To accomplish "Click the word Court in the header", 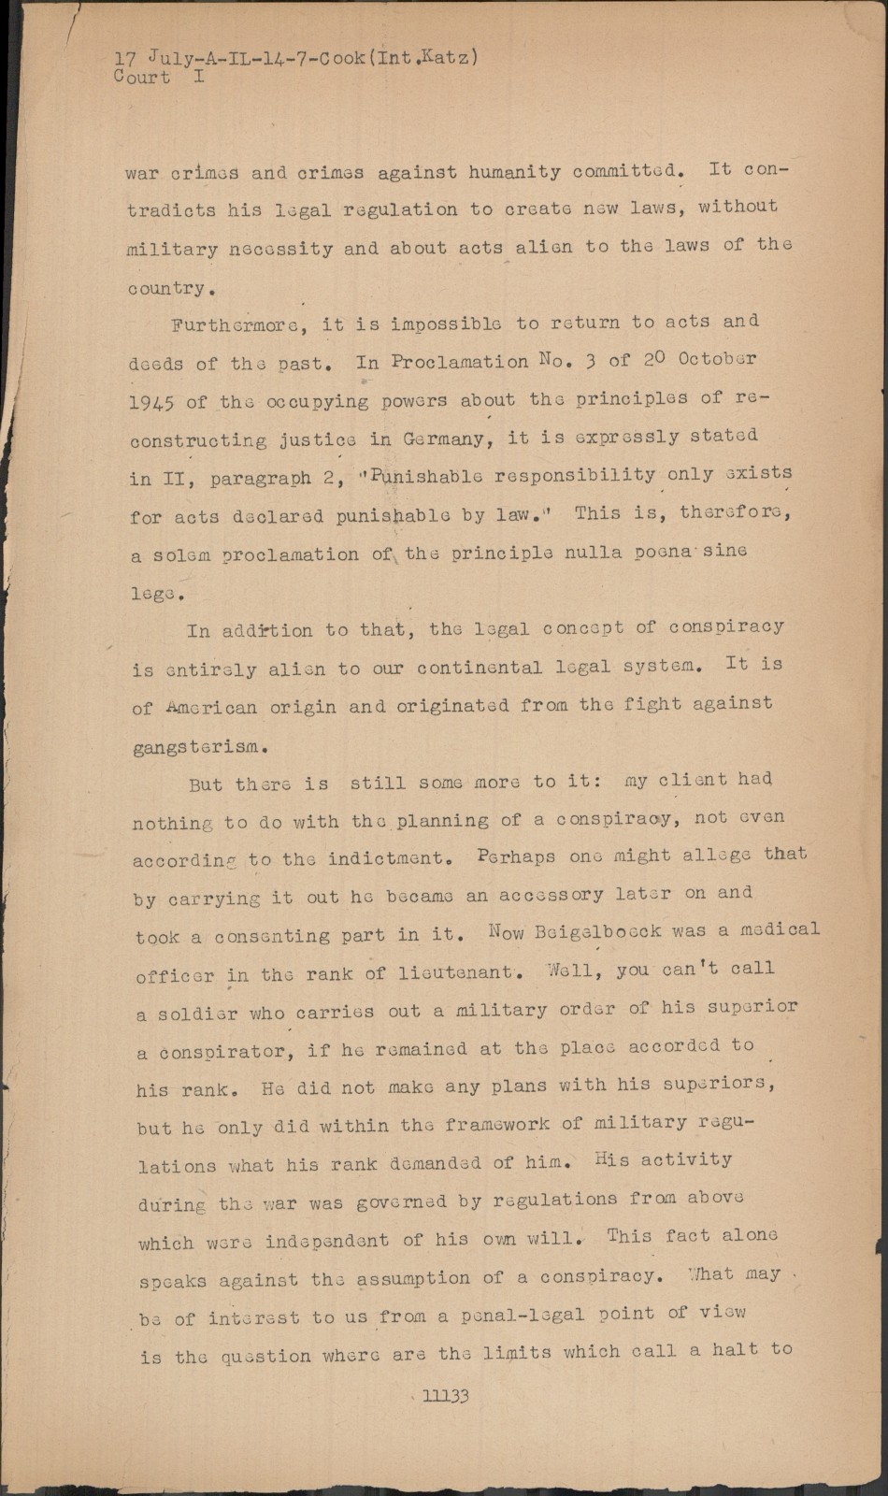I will click(141, 78).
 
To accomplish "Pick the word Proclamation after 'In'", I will click(460, 361).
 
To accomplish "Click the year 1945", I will click(150, 402).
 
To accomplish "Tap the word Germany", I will click(444, 438).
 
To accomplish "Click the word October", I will click(717, 359).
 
